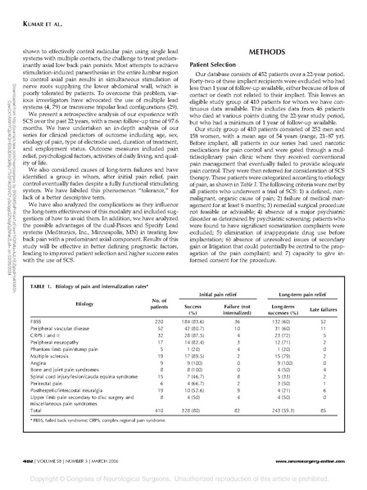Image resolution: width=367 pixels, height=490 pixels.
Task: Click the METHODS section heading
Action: [267, 50]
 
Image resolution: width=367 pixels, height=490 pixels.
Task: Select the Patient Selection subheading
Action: [215, 64]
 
